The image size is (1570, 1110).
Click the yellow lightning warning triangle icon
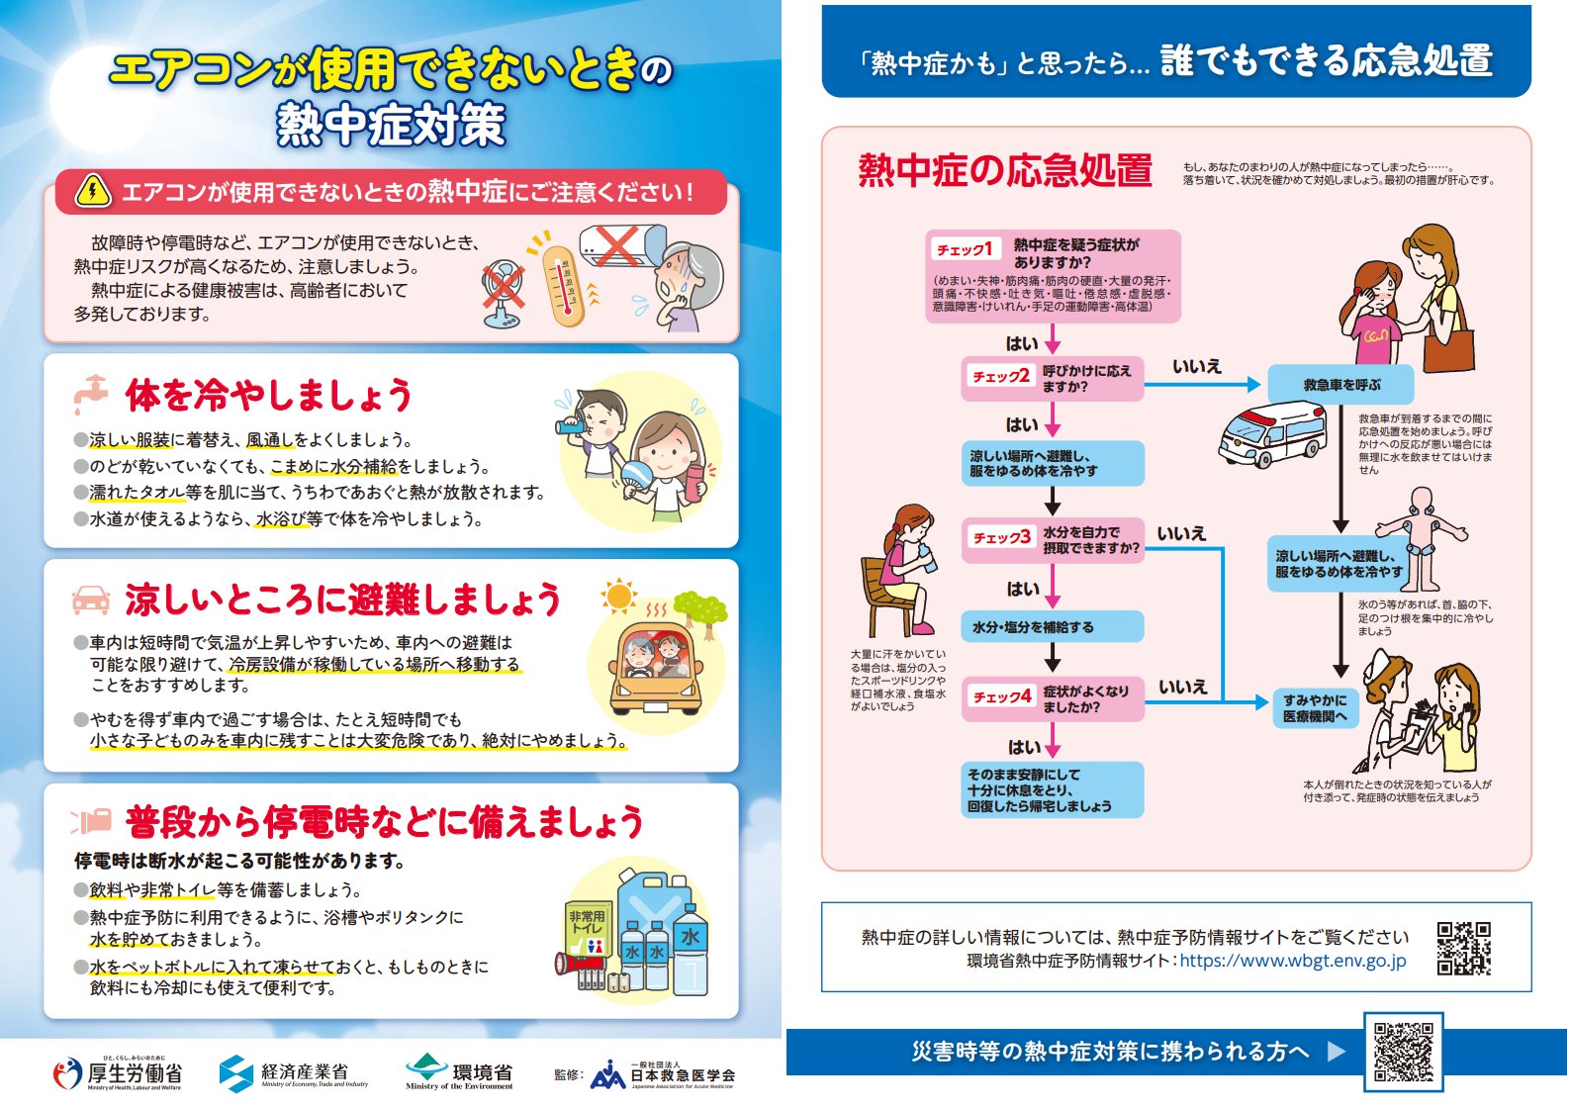pyautogui.click(x=93, y=191)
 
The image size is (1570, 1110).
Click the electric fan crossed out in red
pyautogui.click(x=504, y=294)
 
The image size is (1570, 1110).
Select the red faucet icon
pyautogui.click(x=90, y=394)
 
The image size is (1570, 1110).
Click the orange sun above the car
pyautogui.click(x=618, y=597)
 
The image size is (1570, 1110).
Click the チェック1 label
pyautogui.click(x=966, y=249)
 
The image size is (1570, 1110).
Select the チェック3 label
pyautogui.click(x=1001, y=538)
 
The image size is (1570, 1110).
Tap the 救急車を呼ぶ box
pyautogui.click(x=1340, y=385)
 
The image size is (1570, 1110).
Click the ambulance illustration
pyautogui.click(x=1272, y=434)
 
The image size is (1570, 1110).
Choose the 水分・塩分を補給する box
pyautogui.click(x=1052, y=627)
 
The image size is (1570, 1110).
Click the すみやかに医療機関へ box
pyautogui.click(x=1315, y=707)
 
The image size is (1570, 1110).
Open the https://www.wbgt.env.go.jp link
pyautogui.click(x=1292, y=961)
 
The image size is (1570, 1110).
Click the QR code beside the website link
pyautogui.click(x=1463, y=948)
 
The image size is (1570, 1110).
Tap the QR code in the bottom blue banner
pyautogui.click(x=1403, y=1052)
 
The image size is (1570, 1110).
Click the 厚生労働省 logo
pyautogui.click(x=118, y=1073)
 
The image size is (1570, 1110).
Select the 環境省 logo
pyautogui.click(x=459, y=1072)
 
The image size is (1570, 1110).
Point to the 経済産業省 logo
pyautogui.click(x=293, y=1073)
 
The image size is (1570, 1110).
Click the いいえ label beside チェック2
pyautogui.click(x=1197, y=366)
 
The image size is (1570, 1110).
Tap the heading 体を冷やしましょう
pyautogui.click(x=268, y=395)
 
